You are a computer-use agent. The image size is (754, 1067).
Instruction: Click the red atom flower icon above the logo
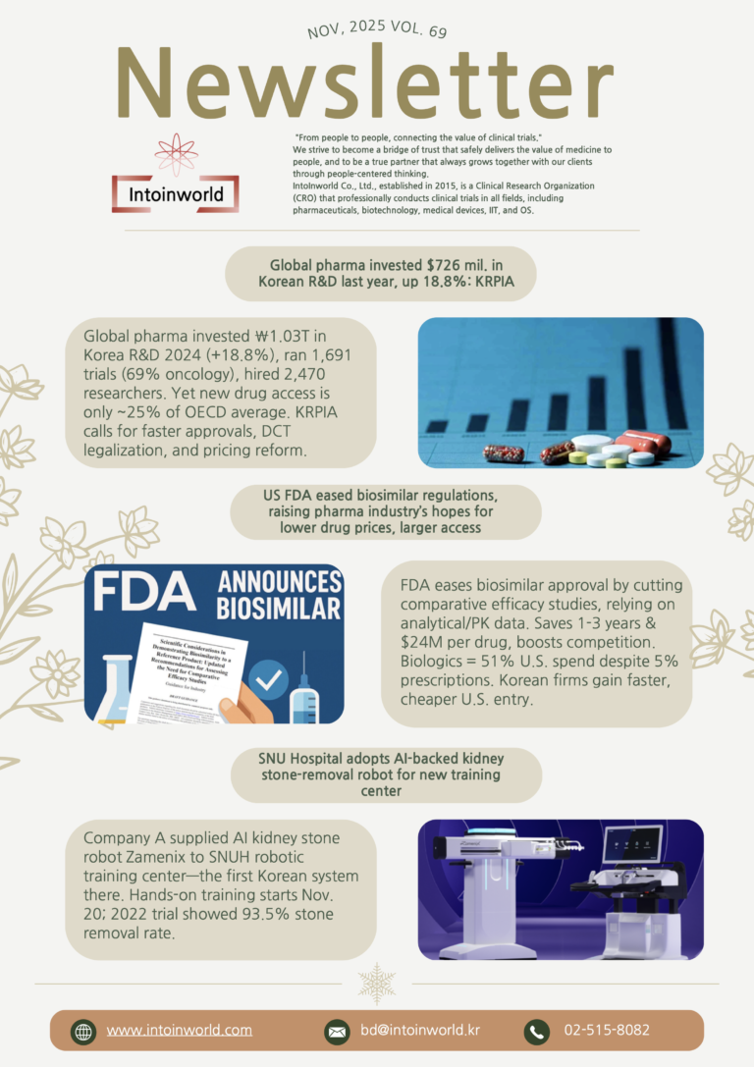(176, 154)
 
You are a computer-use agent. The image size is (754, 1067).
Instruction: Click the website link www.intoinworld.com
(179, 1030)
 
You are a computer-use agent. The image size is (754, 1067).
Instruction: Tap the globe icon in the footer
(83, 1031)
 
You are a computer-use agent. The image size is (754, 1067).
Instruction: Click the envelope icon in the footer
(337, 1031)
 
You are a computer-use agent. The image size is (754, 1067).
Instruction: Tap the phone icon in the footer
(536, 1031)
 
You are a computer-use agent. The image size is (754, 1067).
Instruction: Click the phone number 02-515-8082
(606, 1030)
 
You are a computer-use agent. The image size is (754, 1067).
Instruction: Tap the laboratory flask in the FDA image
(116, 688)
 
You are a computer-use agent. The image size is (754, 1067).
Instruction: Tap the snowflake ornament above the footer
(376, 983)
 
